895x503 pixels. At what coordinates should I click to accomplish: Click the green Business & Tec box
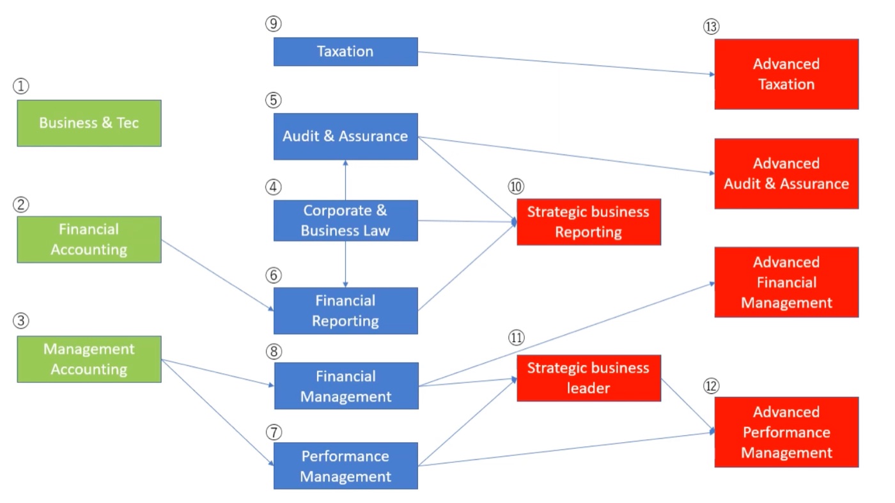[x=89, y=123]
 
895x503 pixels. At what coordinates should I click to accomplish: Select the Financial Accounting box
[x=89, y=239]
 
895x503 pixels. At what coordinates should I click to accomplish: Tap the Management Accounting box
[x=89, y=359]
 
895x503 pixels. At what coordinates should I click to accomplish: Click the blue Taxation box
[x=346, y=52]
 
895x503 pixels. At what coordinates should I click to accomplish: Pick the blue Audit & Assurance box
[x=346, y=137]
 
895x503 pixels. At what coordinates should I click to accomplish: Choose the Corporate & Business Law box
[x=346, y=221]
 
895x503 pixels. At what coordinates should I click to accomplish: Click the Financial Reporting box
[x=346, y=311]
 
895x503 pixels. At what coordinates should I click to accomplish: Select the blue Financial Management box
[x=346, y=386]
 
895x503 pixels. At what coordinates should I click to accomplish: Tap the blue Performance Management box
[x=346, y=466]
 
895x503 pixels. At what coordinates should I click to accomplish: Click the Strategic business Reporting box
[x=589, y=222]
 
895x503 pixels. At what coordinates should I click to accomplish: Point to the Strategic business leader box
[x=589, y=378]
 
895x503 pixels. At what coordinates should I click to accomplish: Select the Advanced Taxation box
[x=787, y=74]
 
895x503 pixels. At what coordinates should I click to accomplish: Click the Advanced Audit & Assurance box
[x=787, y=174]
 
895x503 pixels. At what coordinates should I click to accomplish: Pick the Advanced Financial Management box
[x=787, y=282]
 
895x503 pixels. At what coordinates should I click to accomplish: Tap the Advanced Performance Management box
[x=787, y=432]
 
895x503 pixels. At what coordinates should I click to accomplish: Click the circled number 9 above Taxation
[x=274, y=24]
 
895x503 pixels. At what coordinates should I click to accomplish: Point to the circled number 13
[x=711, y=27]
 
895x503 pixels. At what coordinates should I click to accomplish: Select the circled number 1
[x=20, y=86]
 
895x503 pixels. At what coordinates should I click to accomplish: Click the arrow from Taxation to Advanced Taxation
[x=566, y=63]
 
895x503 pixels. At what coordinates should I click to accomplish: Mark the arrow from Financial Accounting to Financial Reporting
[x=218, y=275]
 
